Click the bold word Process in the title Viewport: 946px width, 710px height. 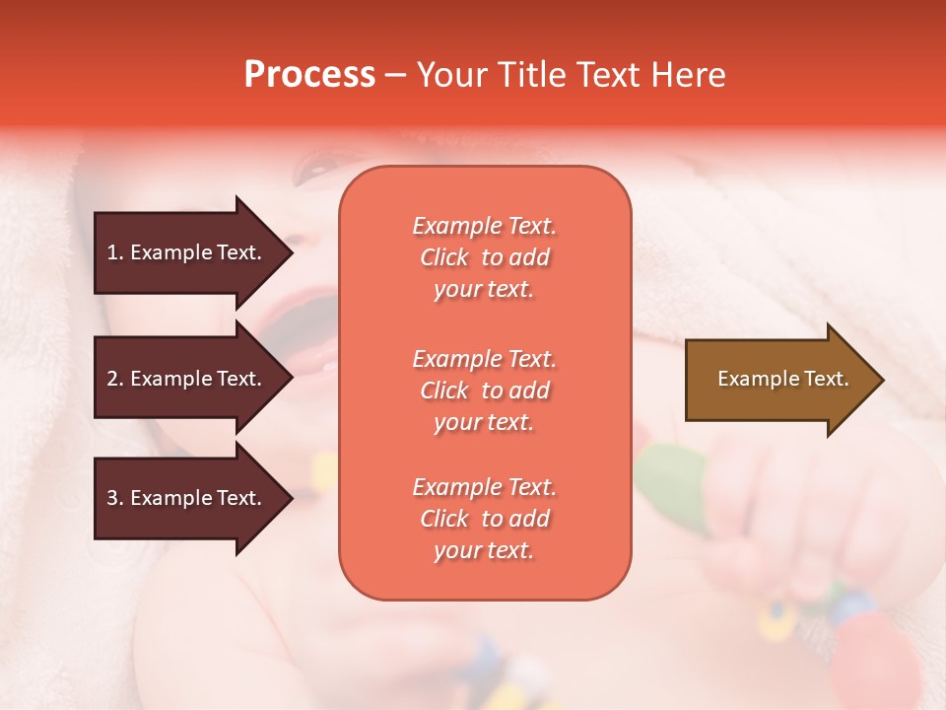pos(309,75)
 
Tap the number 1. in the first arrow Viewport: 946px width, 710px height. pos(115,252)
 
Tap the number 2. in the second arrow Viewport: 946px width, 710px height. pos(115,379)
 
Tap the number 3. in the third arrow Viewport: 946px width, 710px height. pos(115,498)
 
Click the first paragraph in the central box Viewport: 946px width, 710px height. pos(484,257)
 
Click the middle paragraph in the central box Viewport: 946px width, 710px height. pos(484,390)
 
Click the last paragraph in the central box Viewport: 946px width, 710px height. pos(484,519)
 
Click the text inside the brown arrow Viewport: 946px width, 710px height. pos(782,379)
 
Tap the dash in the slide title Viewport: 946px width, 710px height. pos(395,75)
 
